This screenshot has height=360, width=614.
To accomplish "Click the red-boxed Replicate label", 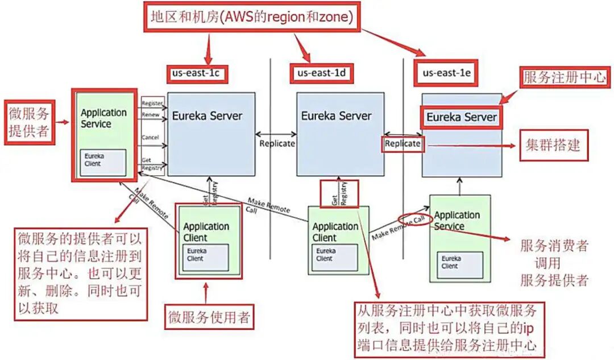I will (403, 143).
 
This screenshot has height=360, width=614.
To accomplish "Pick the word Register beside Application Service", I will (152, 104).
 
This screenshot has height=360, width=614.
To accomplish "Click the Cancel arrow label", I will (151, 138).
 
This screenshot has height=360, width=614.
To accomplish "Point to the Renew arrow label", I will (151, 114).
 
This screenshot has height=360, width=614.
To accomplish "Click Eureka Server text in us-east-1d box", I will (336, 115).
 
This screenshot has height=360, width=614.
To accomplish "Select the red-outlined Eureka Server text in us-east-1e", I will (462, 117).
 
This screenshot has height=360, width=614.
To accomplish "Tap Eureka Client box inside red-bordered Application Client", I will (205, 254).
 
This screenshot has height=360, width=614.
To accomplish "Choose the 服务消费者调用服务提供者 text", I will (554, 262).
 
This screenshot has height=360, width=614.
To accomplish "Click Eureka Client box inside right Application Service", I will (462, 262).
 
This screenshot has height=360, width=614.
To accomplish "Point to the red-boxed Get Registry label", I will (339, 194).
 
